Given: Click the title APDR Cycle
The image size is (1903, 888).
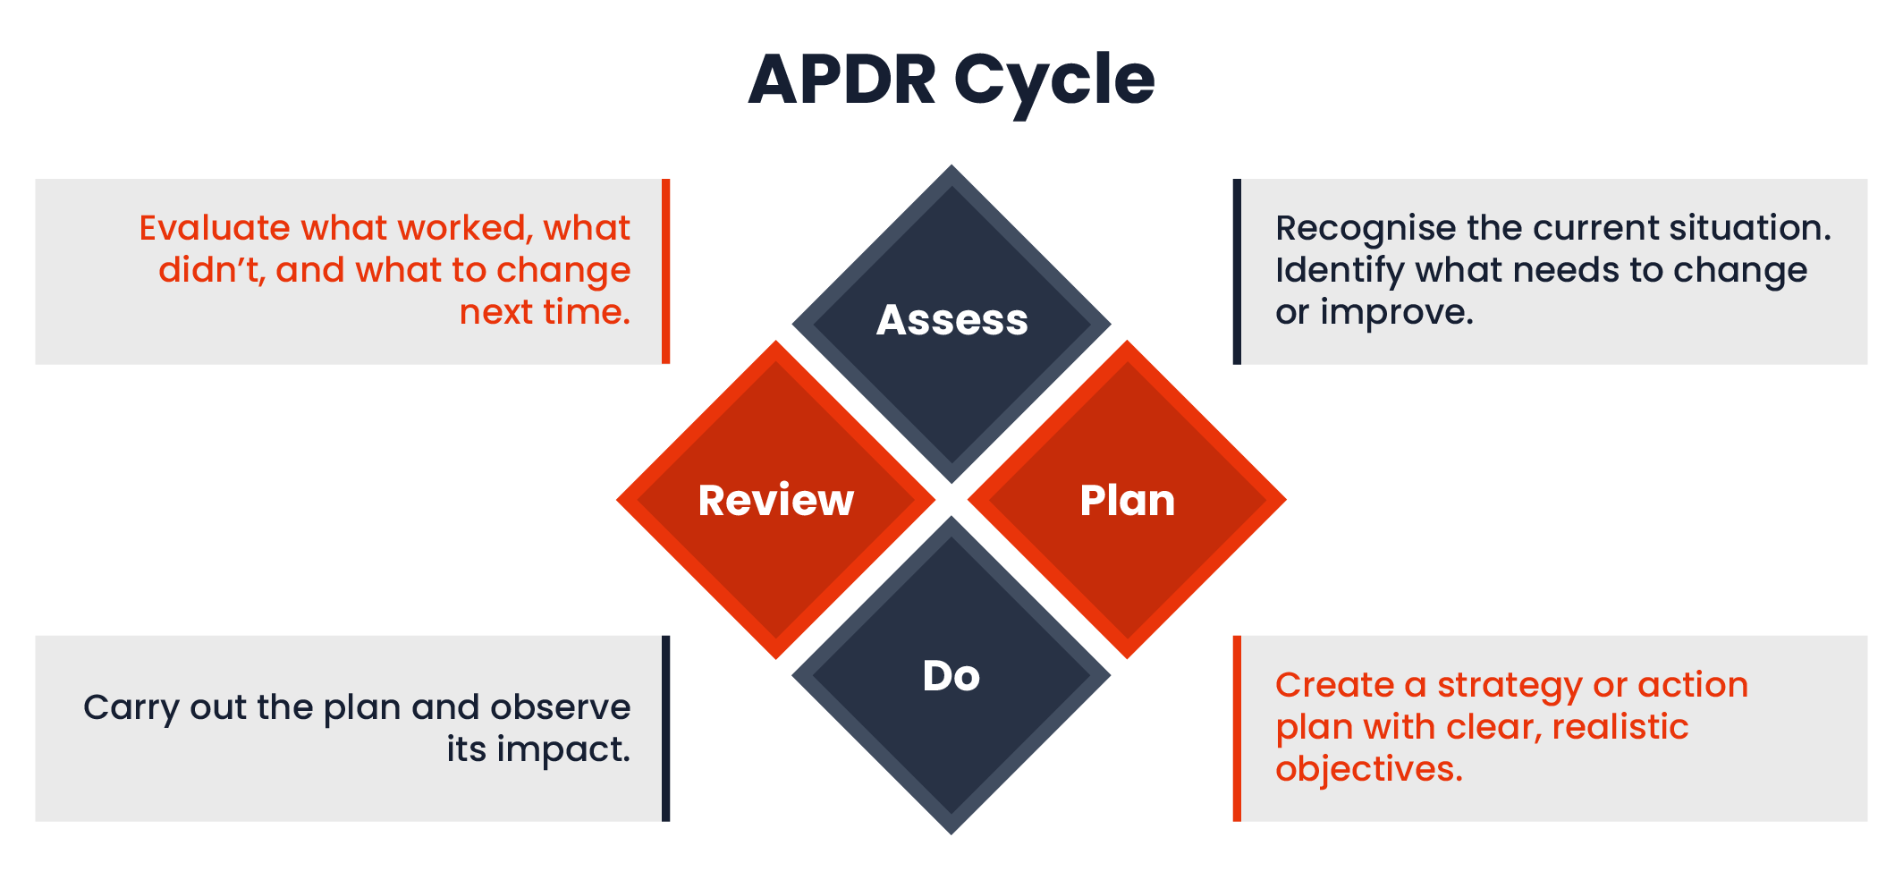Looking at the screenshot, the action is click(x=951, y=80).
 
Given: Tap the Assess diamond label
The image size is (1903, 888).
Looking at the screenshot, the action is click(x=951, y=320).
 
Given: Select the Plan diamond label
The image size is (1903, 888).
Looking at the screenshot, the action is click(x=1127, y=500).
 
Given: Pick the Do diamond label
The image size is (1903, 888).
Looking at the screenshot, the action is click(x=951, y=676).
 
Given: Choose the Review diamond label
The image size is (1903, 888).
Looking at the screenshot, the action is click(x=776, y=500).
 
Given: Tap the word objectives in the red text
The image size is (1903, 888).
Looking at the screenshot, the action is click(x=1369, y=770).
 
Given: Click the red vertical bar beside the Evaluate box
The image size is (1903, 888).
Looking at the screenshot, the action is click(x=665, y=271).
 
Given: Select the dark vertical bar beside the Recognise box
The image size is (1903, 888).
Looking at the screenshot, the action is click(x=1237, y=271).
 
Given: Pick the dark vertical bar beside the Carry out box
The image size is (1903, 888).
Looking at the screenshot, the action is click(x=665, y=728).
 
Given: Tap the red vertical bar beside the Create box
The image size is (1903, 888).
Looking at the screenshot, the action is click(x=1237, y=728).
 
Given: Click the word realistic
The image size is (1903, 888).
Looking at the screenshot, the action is click(x=1620, y=727).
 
